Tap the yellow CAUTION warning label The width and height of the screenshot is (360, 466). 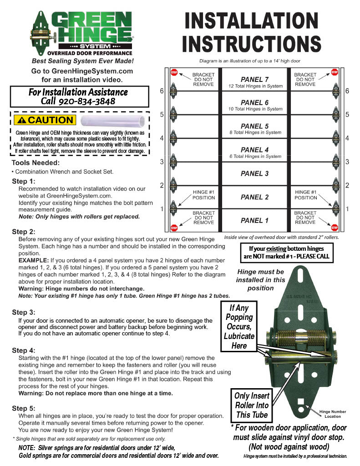pyautogui.click(x=45, y=120)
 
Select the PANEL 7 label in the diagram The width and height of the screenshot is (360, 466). pyautogui.click(x=255, y=79)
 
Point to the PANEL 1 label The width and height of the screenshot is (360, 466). pyautogui.click(x=255, y=221)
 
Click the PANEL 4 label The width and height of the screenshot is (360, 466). pyautogui.click(x=255, y=150)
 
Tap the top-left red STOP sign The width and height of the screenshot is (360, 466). pyautogui.click(x=174, y=72)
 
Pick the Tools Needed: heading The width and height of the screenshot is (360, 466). pyautogui.click(x=35, y=162)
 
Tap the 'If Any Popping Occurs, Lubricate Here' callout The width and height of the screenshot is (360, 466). pyautogui.click(x=239, y=327)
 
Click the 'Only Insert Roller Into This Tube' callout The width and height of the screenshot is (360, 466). pyautogui.click(x=252, y=405)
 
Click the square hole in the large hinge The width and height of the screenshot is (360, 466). pyautogui.click(x=301, y=402)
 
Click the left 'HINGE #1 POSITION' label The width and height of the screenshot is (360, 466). pyautogui.click(x=204, y=195)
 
